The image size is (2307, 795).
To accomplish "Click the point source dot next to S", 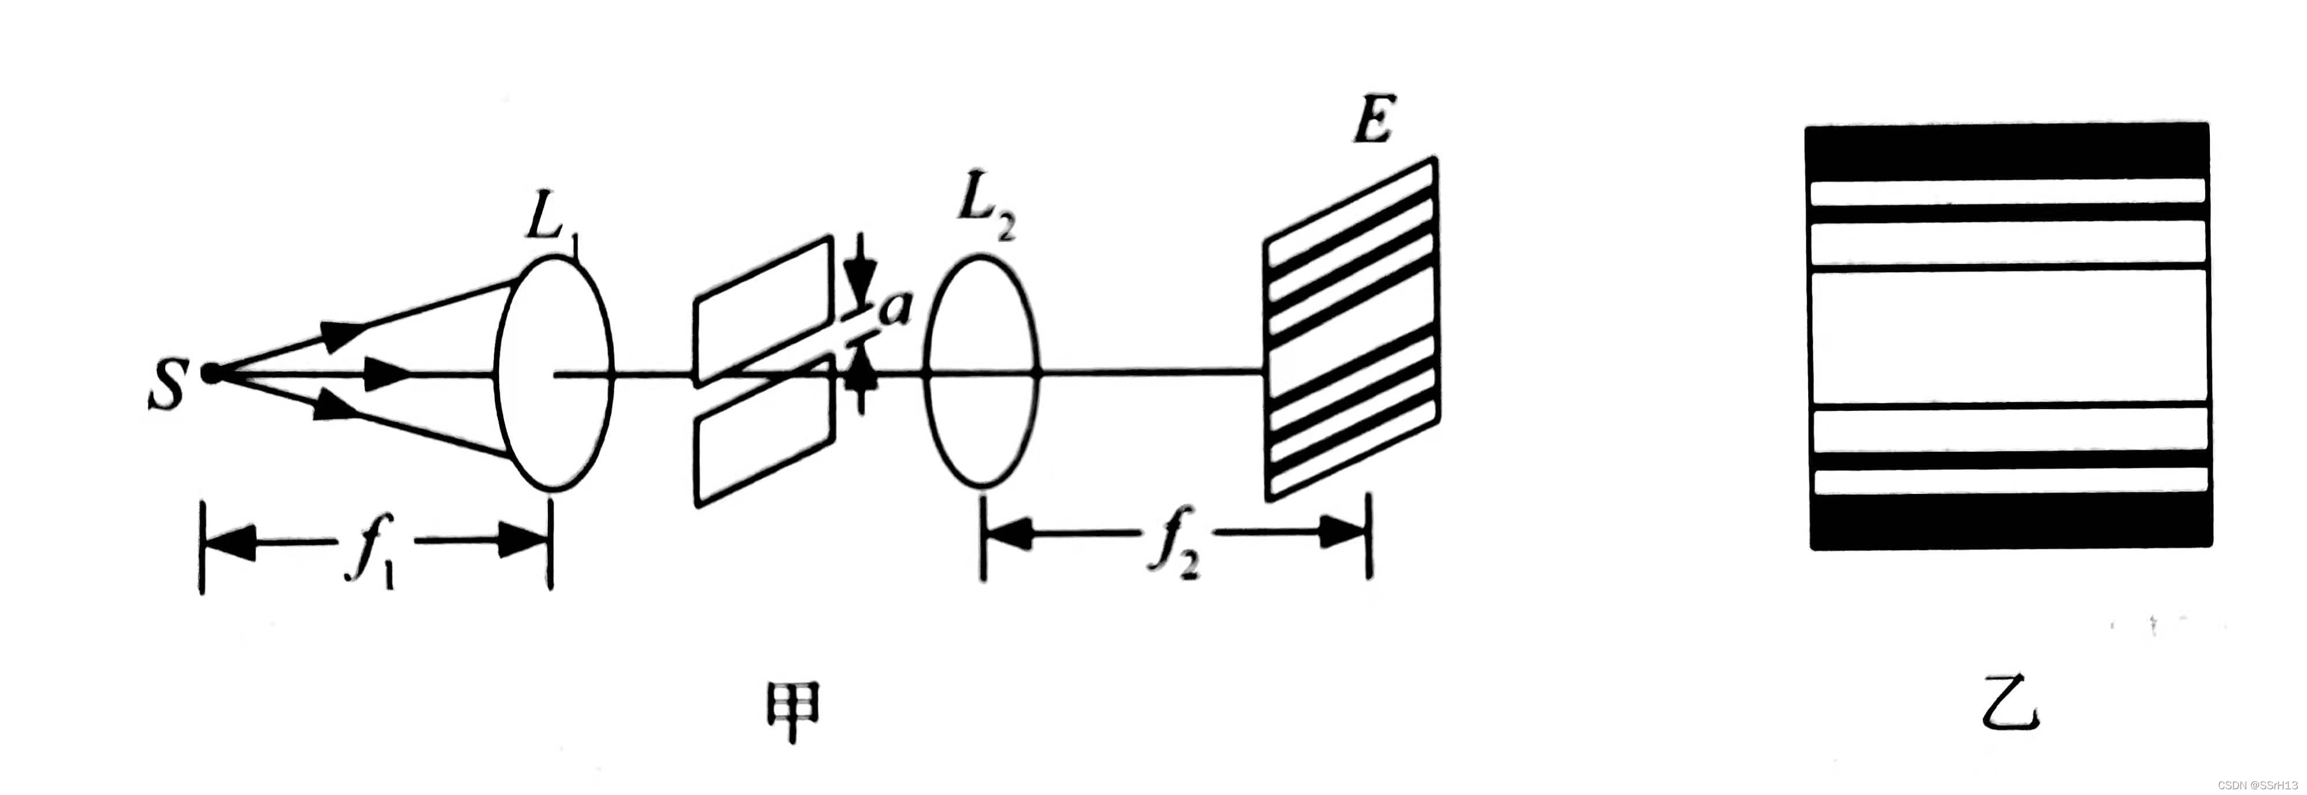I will pyautogui.click(x=212, y=373).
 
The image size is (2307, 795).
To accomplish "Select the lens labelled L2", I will pyautogui.click(x=981, y=371).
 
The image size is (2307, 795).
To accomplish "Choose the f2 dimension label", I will pyautogui.click(x=1173, y=541).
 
